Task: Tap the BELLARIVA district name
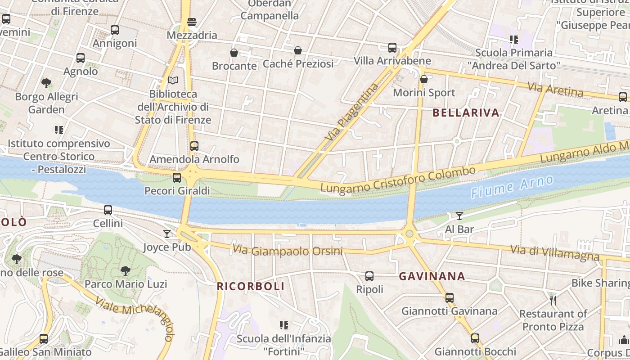466,113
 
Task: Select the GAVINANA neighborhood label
432,276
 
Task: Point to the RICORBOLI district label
251,286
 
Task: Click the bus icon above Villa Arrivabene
392,47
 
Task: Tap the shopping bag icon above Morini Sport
423,80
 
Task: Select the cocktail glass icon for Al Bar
459,216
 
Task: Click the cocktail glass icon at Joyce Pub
167,234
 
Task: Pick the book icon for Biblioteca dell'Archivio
173,81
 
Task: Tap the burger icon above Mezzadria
192,22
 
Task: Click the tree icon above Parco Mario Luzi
126,270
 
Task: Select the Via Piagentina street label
351,112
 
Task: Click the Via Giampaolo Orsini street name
288,250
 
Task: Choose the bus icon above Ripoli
369,276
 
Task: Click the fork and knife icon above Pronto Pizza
553,300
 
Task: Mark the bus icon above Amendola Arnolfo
194,146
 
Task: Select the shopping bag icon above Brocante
234,53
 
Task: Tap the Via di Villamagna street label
555,253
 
